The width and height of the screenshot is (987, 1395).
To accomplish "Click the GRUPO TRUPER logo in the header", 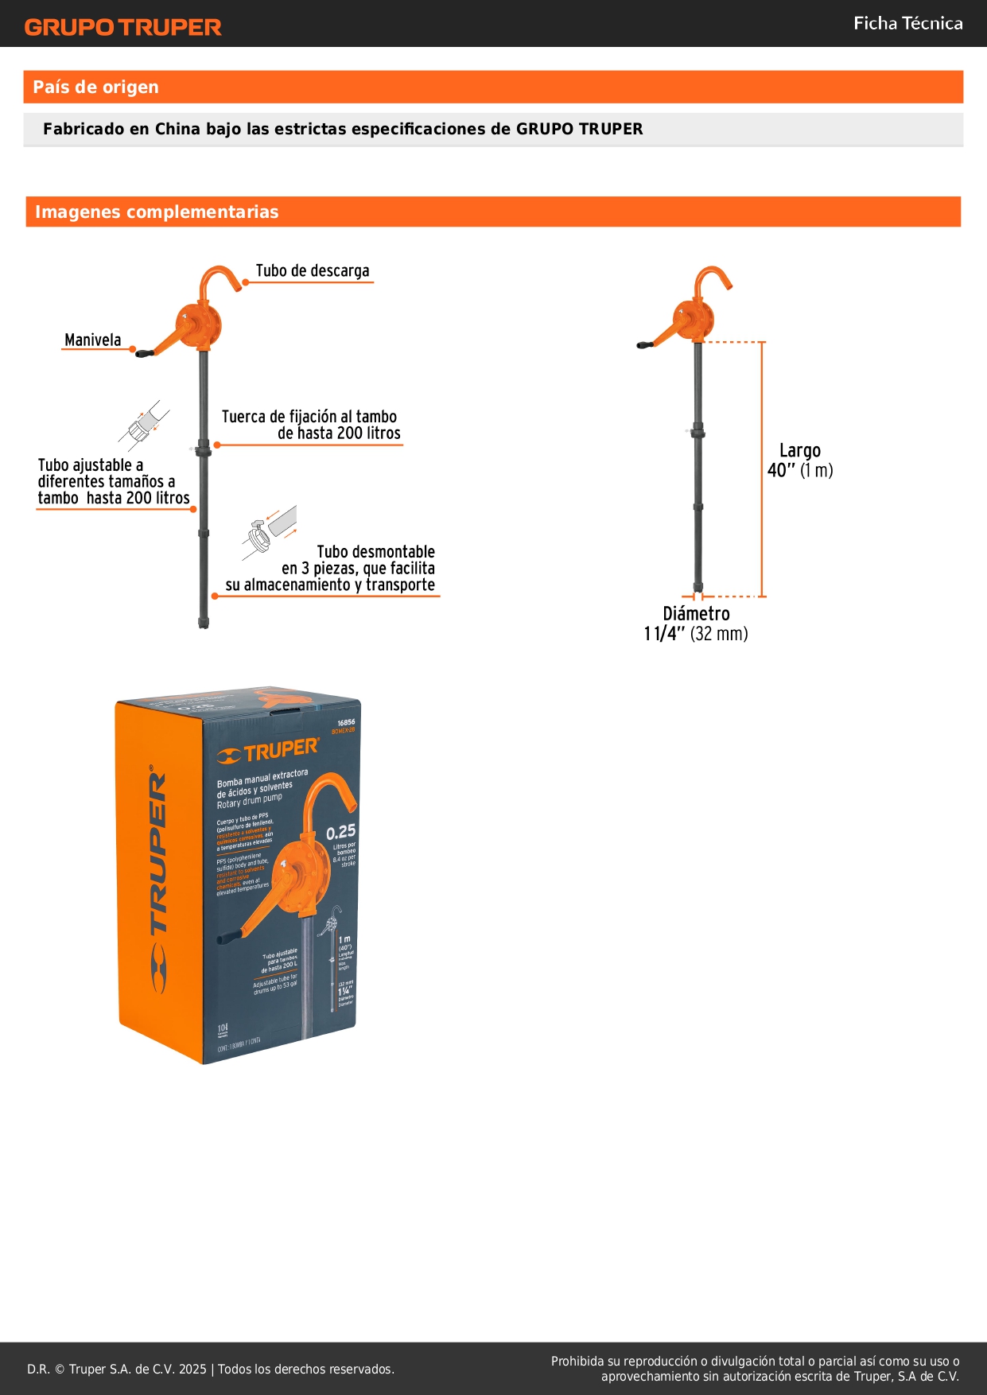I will click(122, 27).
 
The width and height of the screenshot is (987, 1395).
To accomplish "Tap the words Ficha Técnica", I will click(907, 23).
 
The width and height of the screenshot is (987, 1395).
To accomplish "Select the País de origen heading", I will click(95, 87).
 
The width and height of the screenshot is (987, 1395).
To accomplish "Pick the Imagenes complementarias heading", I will click(157, 212).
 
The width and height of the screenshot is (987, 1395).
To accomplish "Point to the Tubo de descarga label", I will click(312, 271).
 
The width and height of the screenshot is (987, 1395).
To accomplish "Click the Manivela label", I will click(92, 340).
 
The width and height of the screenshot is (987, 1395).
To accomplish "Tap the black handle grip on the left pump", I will click(145, 353).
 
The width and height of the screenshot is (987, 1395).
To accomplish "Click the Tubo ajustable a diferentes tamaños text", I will click(113, 481).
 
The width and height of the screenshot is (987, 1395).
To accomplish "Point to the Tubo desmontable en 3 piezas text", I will click(342, 568).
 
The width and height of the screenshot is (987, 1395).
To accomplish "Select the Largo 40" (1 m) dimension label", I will click(799, 460).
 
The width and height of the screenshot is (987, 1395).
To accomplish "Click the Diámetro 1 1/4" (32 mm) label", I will click(696, 624).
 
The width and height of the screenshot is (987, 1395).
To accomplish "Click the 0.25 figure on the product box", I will click(340, 832).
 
